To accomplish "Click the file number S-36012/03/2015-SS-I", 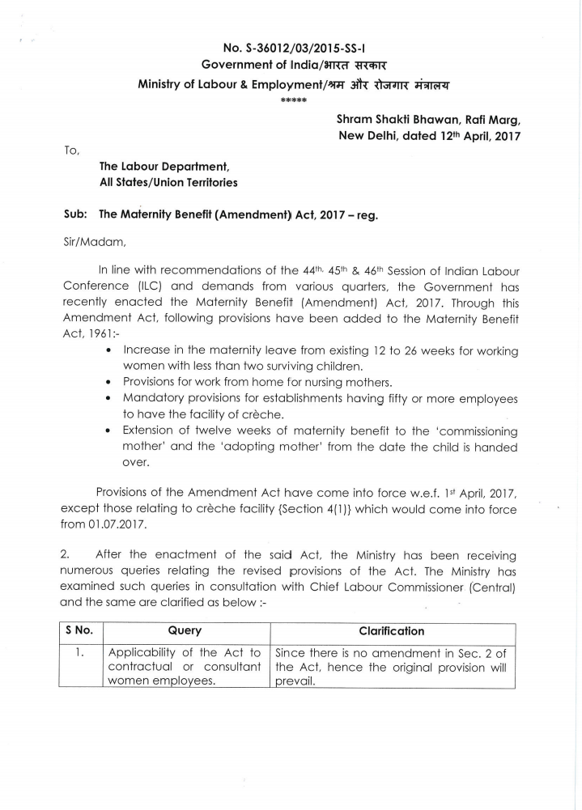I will tap(302, 48).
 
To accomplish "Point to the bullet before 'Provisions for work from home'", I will tap(108, 381).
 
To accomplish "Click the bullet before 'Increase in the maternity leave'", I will tap(108, 351).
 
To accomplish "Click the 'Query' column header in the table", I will tap(185, 631).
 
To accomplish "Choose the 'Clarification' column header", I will tap(391, 631).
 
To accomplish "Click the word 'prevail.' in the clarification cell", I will tap(295, 681).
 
